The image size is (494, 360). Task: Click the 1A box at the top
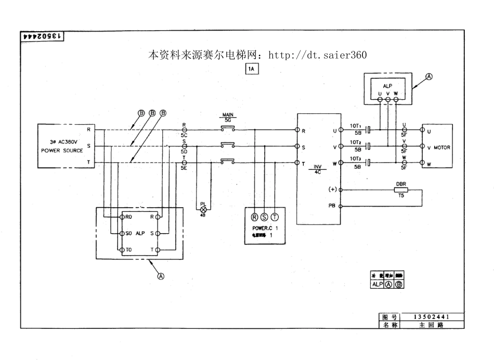click(x=252, y=69)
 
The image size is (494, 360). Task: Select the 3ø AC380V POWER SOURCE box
click(x=62, y=146)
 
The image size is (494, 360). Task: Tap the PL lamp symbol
click(x=203, y=208)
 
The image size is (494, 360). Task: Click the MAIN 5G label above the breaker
click(x=228, y=117)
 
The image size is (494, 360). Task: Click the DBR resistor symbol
click(x=401, y=190)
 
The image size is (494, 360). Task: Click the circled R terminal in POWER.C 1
click(x=255, y=217)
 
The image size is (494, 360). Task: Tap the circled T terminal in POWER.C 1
click(x=274, y=217)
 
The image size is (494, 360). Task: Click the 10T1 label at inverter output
click(x=356, y=126)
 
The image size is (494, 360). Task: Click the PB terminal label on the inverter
click(x=332, y=206)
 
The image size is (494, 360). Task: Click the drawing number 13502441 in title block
click(x=431, y=316)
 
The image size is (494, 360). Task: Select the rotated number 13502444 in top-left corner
click(x=42, y=36)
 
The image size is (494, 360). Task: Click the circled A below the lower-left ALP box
click(x=161, y=276)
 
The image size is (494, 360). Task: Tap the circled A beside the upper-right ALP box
click(x=429, y=76)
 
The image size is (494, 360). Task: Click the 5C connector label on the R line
click(x=184, y=134)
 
